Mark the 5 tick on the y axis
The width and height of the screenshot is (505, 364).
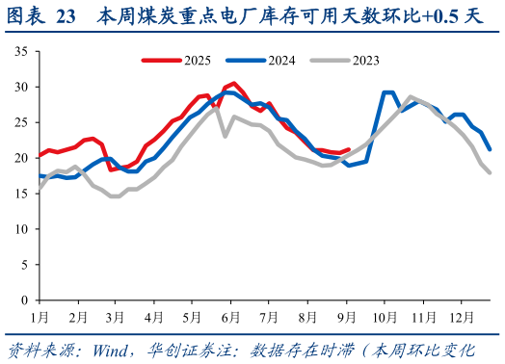(x=24, y=263)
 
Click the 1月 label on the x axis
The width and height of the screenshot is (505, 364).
(x=40, y=316)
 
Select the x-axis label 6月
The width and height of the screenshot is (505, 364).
(x=229, y=316)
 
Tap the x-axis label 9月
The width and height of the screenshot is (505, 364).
(x=348, y=316)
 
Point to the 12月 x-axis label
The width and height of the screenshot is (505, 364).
(x=463, y=316)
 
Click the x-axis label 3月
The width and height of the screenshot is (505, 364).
(x=115, y=316)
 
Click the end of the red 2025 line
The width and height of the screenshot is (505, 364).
(x=349, y=149)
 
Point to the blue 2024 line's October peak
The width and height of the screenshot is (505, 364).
(x=388, y=92)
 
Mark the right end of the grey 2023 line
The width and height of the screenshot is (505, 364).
(x=491, y=172)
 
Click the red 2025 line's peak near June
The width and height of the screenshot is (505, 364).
(x=233, y=84)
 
